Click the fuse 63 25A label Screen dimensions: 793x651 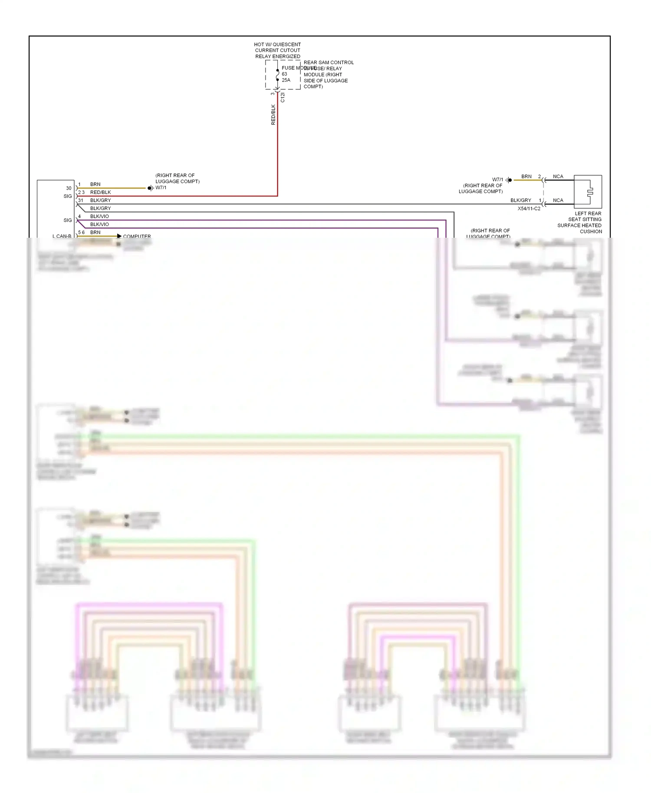click(286, 77)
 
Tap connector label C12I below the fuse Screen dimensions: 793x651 click(283, 97)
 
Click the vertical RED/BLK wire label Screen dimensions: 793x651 click(273, 115)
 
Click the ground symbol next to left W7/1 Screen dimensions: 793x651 click(150, 188)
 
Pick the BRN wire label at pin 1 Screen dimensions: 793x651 click(95, 184)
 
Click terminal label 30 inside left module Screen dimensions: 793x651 click(69, 188)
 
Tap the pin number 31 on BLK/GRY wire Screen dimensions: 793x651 click(81, 200)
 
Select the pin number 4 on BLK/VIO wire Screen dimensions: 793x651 click(79, 216)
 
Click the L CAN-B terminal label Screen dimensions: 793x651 click(62, 236)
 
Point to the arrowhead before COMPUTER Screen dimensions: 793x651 click(119, 236)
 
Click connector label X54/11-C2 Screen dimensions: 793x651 click(529, 209)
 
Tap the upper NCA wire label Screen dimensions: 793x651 click(558, 177)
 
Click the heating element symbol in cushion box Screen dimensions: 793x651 click(589, 192)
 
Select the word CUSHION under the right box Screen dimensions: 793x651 click(591, 232)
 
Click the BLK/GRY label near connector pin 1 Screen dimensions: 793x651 click(520, 200)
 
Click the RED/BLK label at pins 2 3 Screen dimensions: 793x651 click(100, 192)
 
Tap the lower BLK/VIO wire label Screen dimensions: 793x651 click(99, 224)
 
